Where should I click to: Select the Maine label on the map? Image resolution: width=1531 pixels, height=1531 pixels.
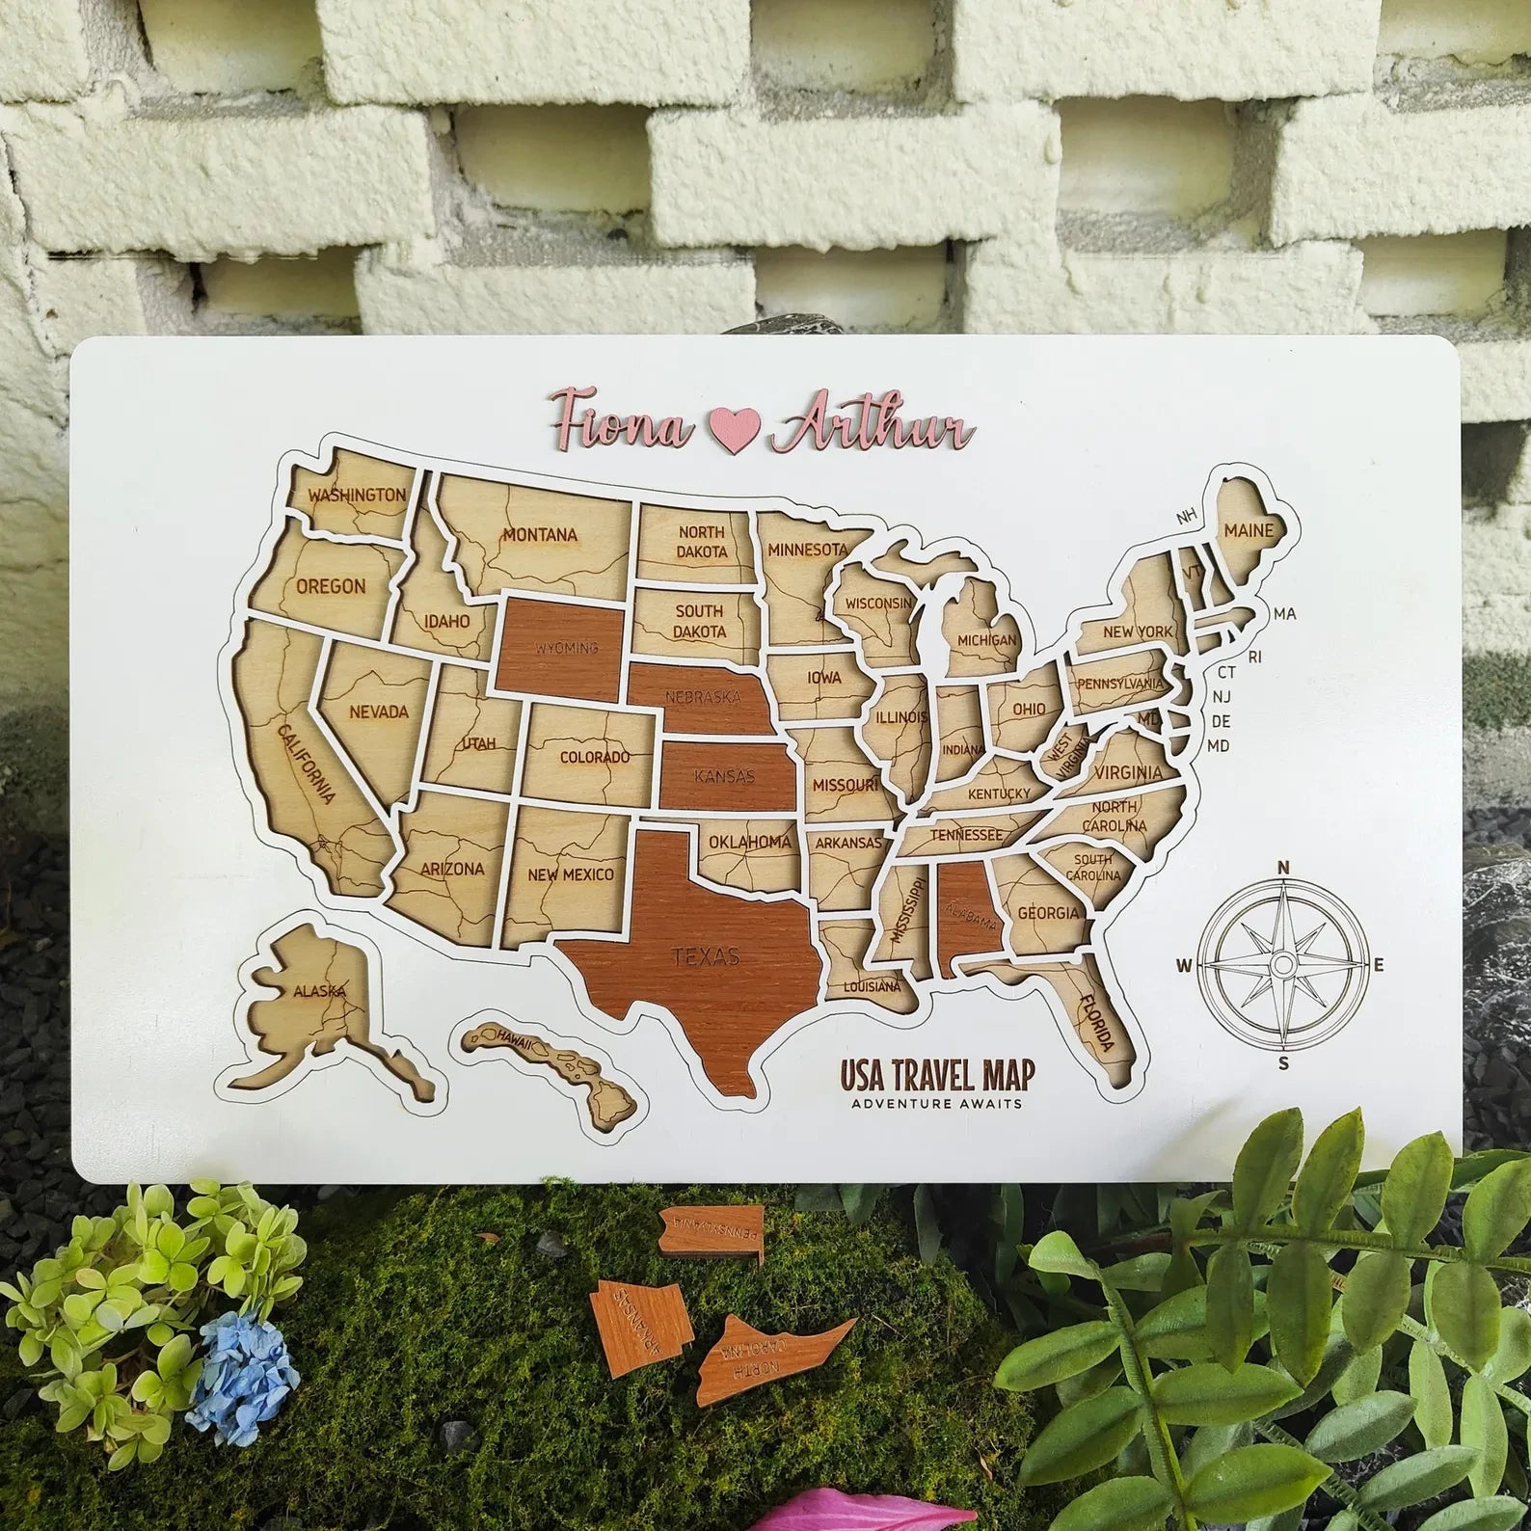click(1249, 529)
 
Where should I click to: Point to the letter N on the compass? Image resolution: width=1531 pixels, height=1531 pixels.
click(1283, 867)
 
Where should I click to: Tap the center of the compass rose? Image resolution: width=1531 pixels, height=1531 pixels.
click(1281, 964)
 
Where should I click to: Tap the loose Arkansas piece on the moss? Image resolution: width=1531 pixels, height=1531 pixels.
click(631, 1308)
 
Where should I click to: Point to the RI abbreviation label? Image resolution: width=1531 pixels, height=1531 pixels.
click(1254, 657)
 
